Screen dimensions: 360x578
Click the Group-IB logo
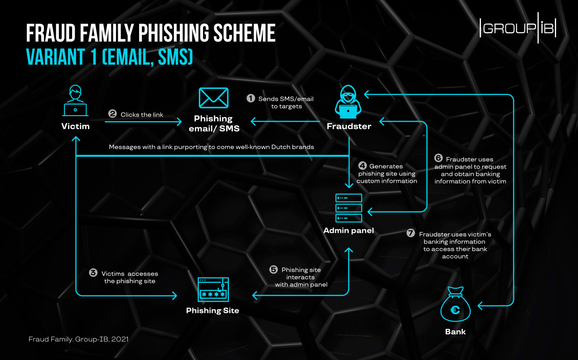click(x=518, y=28)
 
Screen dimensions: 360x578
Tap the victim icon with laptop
click(x=76, y=100)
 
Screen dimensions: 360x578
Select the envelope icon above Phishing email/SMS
click(x=213, y=98)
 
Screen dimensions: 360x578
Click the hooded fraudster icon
click(x=348, y=102)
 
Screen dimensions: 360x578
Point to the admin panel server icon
click(x=349, y=208)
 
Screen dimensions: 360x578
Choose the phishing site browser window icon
click(x=213, y=289)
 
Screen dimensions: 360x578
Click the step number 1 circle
click(x=251, y=98)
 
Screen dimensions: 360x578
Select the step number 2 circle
click(x=113, y=114)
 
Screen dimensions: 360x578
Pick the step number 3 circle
click(x=93, y=273)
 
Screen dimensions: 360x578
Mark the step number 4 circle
click(x=362, y=166)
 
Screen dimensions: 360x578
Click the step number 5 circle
click(x=274, y=269)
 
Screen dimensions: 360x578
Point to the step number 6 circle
click(x=439, y=158)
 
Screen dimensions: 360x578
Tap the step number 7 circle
click(x=411, y=233)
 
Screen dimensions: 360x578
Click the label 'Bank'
click(x=455, y=332)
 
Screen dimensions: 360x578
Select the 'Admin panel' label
click(x=349, y=230)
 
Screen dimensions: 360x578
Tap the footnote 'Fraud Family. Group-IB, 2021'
click(x=79, y=339)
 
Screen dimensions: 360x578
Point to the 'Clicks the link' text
click(x=142, y=115)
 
